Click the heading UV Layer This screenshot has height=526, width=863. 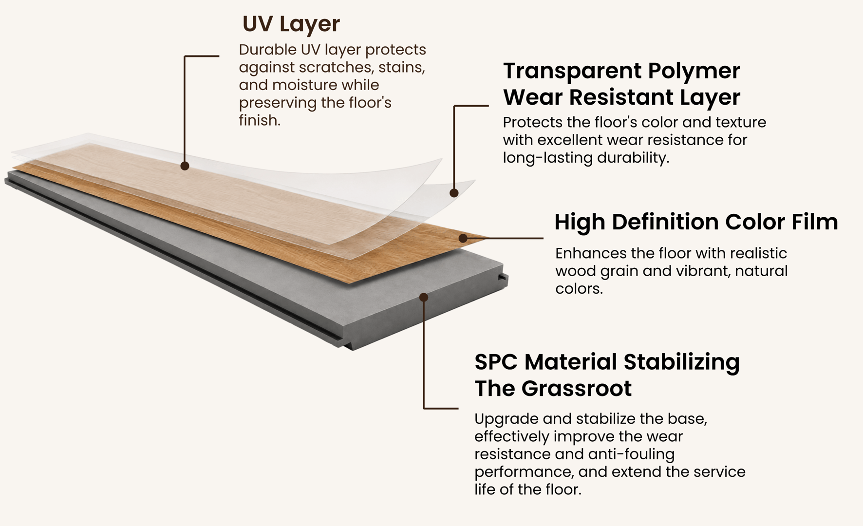[x=291, y=24]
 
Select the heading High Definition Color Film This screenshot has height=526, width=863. [x=696, y=222]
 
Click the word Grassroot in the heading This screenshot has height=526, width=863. [x=577, y=389]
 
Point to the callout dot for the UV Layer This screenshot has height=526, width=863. [x=185, y=166]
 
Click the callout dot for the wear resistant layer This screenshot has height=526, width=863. [x=454, y=193]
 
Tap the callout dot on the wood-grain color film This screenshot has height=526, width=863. [x=463, y=238]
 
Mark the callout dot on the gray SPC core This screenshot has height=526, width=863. [x=424, y=297]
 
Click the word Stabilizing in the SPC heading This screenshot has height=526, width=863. [x=681, y=362]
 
